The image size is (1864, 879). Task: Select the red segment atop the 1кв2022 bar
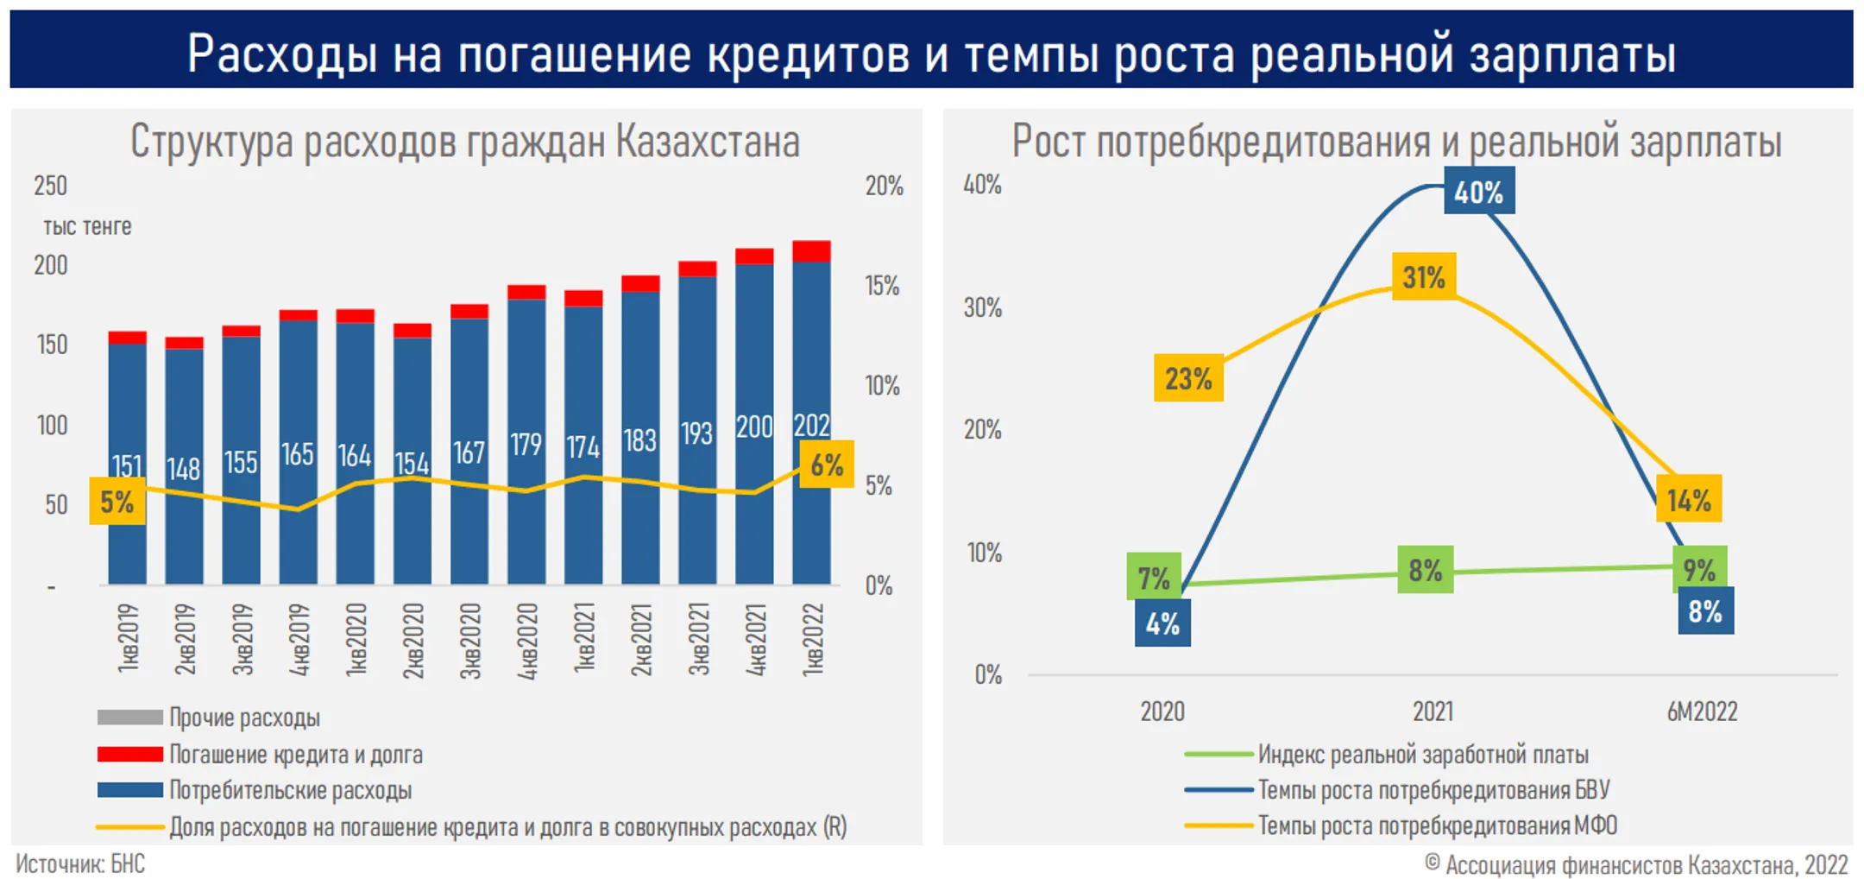pos(811,251)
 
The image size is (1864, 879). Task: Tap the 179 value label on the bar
pos(526,445)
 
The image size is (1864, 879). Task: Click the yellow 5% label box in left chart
pos(117,502)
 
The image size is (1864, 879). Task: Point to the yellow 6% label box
pos(826,465)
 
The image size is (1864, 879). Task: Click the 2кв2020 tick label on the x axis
pos(413,640)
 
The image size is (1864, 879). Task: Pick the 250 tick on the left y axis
pos(50,186)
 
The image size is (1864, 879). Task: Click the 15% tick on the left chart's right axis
pos(882,286)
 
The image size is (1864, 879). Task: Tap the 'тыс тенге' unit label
pos(87,226)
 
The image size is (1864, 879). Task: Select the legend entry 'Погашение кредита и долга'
pos(295,755)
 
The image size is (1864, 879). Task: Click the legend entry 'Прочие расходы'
pos(244,718)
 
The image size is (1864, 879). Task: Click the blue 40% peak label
pos(1478,192)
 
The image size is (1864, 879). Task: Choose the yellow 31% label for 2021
pos(1423,277)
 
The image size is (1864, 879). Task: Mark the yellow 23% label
pos(1188,378)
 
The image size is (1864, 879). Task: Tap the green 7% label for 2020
pos(1153,577)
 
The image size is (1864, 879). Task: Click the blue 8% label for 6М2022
pos(1705,611)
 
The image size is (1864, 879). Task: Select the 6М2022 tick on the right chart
pos(1702,711)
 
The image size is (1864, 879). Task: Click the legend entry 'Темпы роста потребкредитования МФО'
pos(1437,825)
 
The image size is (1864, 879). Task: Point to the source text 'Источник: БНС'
pos(80,863)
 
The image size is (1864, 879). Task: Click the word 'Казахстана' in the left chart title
pos(708,142)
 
